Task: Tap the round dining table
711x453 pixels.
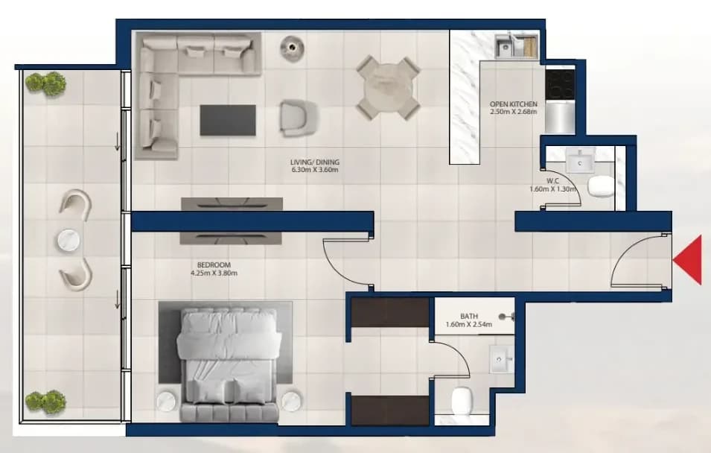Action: [x=388, y=87]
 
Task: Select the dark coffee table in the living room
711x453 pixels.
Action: [x=228, y=120]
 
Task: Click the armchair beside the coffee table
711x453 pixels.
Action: [x=299, y=118]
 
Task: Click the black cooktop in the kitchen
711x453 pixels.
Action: [x=561, y=84]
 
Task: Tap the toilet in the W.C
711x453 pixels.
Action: [x=600, y=186]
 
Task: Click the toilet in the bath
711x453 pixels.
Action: [x=462, y=401]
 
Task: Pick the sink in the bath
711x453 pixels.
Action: [x=502, y=359]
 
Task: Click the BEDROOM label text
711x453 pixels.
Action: [x=214, y=264]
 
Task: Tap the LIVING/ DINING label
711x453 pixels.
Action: [x=315, y=162]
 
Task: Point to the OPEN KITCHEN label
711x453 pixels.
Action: [x=513, y=104]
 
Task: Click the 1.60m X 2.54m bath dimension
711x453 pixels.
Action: [x=469, y=325]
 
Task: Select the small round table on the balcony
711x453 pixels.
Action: [x=69, y=240]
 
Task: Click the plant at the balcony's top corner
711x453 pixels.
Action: [x=45, y=83]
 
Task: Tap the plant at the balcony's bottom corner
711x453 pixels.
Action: [x=45, y=402]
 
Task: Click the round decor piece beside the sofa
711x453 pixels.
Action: [x=292, y=46]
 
